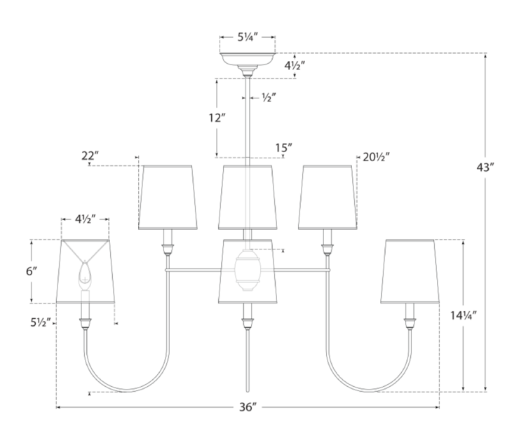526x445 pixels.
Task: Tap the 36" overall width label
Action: point(247,406)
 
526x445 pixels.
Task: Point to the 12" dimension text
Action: point(217,118)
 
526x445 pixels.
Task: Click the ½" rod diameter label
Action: point(267,98)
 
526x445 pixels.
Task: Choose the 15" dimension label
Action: point(283,148)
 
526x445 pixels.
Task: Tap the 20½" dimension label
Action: point(376,156)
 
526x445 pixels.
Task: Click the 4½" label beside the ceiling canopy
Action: point(295,66)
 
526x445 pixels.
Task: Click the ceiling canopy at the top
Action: point(247,58)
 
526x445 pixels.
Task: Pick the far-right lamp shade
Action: point(409,271)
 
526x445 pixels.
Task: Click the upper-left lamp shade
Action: point(167,197)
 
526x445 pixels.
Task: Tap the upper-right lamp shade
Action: point(326,197)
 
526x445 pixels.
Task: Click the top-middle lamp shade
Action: point(247,197)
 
